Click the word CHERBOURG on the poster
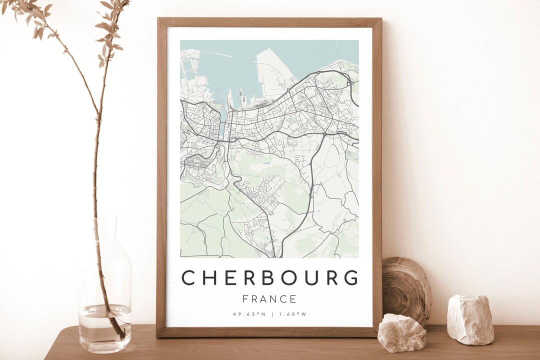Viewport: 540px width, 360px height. pyautogui.click(x=269, y=277)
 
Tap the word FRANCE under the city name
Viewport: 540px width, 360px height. pyautogui.click(x=269, y=299)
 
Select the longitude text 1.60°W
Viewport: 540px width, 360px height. pyautogui.click(x=292, y=314)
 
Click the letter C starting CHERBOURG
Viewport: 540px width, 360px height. pyautogui.click(x=188, y=277)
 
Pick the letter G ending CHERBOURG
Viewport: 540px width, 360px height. pyautogui.click(x=351, y=277)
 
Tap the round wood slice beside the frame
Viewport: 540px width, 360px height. pyautogui.click(x=406, y=290)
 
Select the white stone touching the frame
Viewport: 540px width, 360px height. pyautogui.click(x=401, y=332)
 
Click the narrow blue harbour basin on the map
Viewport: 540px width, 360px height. pyautogui.click(x=221, y=127)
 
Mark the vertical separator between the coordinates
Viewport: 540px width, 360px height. pyautogui.click(x=272, y=314)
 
